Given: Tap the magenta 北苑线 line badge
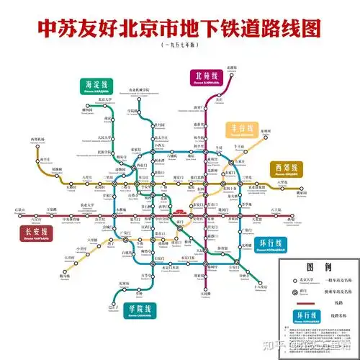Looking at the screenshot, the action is point(207,77).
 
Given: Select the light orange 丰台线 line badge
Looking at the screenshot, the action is point(243,130).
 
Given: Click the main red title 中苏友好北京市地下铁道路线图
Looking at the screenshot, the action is point(179,27).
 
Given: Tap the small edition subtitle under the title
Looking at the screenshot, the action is point(179,45).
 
